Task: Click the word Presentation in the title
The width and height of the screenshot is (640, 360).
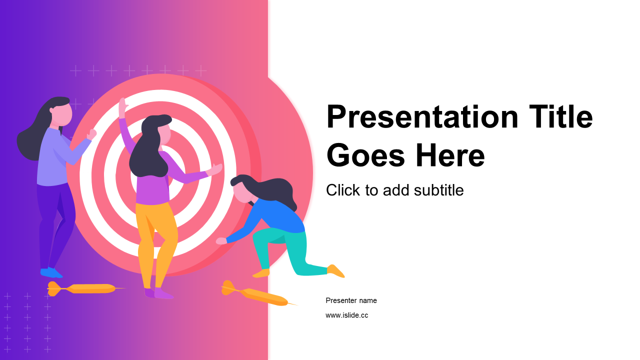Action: [422, 116]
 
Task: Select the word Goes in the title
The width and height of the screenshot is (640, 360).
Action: [365, 155]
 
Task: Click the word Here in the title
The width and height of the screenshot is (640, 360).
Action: [450, 155]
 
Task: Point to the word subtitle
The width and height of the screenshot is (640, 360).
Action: [438, 190]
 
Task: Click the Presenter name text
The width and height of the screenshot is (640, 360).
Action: [351, 300]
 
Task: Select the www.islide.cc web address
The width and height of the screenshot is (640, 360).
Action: [347, 315]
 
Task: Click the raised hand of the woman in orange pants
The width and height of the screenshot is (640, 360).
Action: [123, 107]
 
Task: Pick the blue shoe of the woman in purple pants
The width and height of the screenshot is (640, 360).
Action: [51, 272]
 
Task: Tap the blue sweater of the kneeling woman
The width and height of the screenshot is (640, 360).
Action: [274, 217]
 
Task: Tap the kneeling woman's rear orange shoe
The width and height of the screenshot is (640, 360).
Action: [335, 271]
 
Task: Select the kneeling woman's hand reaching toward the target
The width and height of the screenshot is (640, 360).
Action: [221, 241]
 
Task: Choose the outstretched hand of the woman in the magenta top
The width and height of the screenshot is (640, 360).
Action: [214, 169]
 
